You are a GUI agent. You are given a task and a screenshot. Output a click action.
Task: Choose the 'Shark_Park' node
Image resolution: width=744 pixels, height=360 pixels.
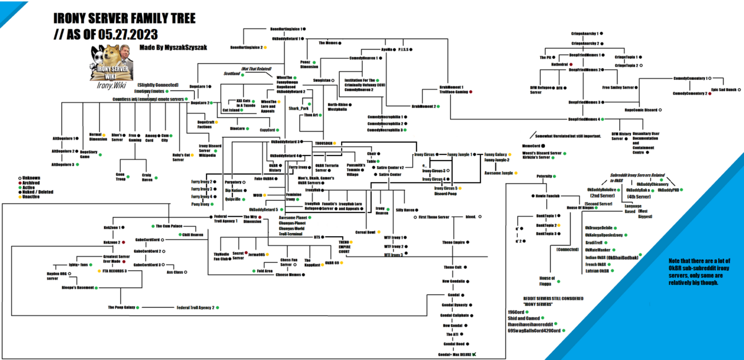[x=298, y=108]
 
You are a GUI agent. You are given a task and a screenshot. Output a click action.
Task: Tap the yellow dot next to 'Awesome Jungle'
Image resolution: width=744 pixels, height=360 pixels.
[x=518, y=172]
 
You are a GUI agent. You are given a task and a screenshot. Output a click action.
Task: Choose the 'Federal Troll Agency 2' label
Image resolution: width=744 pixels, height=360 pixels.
[x=195, y=307]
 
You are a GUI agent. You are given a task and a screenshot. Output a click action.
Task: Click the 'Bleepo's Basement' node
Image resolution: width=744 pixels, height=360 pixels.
[x=77, y=288]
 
